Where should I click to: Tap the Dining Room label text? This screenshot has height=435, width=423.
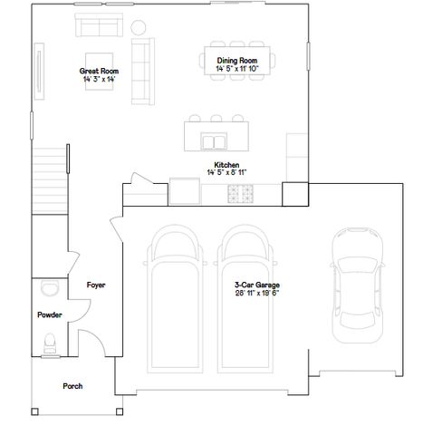(236, 60)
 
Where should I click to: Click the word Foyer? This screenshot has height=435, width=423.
(96, 285)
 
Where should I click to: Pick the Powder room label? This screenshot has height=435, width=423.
(49, 315)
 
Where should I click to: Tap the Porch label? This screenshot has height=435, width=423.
(72, 386)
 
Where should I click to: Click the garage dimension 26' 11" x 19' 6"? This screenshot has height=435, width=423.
(256, 293)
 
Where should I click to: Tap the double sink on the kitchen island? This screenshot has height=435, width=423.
(215, 142)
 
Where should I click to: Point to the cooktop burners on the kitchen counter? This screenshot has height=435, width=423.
(242, 193)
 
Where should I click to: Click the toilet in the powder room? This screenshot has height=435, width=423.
(50, 343)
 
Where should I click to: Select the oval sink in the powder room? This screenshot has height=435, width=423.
(49, 288)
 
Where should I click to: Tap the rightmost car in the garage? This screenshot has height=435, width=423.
(356, 285)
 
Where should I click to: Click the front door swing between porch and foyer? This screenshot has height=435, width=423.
(91, 343)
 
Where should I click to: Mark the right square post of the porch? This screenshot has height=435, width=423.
(118, 413)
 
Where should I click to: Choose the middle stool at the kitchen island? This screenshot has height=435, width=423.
(216, 118)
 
